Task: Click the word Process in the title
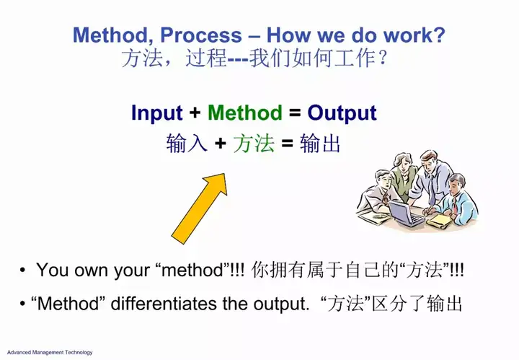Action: pyautogui.click(x=201, y=35)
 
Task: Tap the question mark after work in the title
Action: pyautogui.click(x=440, y=35)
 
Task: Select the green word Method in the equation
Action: pyautogui.click(x=245, y=113)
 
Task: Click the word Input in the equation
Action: pyautogui.click(x=157, y=113)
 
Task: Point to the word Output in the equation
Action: pyautogui.click(x=342, y=113)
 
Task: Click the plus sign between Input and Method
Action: pyautogui.click(x=195, y=113)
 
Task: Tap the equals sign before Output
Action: pyautogui.click(x=295, y=113)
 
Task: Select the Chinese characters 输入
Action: pyautogui.click(x=187, y=144)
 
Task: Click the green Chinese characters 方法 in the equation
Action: pyautogui.click(x=254, y=144)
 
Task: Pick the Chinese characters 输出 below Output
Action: pyautogui.click(x=320, y=144)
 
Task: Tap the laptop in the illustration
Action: pyautogui.click(x=406, y=214)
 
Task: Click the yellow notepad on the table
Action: pyautogui.click(x=439, y=221)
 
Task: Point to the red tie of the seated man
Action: pyautogui.click(x=456, y=205)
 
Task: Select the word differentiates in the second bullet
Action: pyautogui.click(x=164, y=304)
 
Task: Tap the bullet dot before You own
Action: pyautogui.click(x=22, y=270)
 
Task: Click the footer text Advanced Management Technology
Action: pyautogui.click(x=50, y=352)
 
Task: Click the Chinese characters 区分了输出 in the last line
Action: pyautogui.click(x=417, y=303)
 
